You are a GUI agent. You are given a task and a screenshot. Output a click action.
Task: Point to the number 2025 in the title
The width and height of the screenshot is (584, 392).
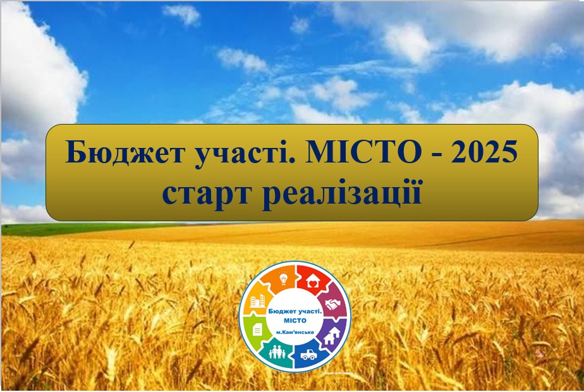pyautogui.click(x=484, y=151)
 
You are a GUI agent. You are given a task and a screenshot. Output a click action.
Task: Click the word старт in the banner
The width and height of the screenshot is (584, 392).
pyautogui.click(x=205, y=195)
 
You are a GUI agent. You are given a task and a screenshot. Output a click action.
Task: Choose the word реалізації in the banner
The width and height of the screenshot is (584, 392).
pyautogui.click(x=342, y=193)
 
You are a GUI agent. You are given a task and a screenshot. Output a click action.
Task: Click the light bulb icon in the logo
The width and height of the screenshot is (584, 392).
pyautogui.click(x=283, y=278)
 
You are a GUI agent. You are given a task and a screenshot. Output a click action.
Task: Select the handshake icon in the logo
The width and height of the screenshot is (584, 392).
pyautogui.click(x=334, y=305)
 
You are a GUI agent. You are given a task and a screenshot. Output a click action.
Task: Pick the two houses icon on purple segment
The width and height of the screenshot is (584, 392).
pyautogui.click(x=331, y=336)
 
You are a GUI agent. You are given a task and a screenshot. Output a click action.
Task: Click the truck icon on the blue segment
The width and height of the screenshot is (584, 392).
pyautogui.click(x=309, y=354)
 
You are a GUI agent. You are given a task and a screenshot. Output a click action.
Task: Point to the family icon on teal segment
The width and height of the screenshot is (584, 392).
pyautogui.click(x=277, y=352)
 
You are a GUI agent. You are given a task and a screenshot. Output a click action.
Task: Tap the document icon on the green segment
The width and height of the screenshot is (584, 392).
pyautogui.click(x=257, y=329)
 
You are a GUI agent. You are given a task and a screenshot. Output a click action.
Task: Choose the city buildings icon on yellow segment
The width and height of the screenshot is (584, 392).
pyautogui.click(x=257, y=300)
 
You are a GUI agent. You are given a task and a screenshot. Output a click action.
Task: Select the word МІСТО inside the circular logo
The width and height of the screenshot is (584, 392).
pyautogui.click(x=295, y=321)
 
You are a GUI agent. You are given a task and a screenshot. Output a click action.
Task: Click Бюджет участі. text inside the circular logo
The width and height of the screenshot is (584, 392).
pyautogui.click(x=295, y=311)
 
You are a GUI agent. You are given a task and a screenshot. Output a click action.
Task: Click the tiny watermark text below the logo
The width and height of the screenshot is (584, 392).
pyautogui.click(x=337, y=372)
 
